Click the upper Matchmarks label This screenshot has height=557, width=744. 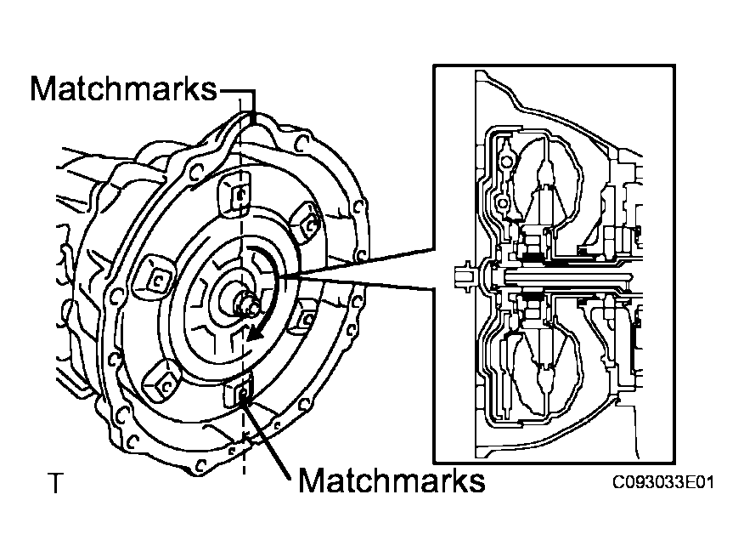[x=124, y=88]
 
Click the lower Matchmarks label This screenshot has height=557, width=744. [x=392, y=481]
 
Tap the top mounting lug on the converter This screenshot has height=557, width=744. [x=237, y=194]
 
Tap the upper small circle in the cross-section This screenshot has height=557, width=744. [x=506, y=161]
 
